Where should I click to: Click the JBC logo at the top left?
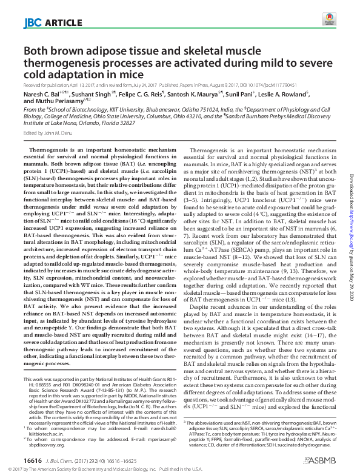tap(32, 24)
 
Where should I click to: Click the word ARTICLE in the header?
tap(60, 24)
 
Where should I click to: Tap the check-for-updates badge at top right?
tap(328, 21)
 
